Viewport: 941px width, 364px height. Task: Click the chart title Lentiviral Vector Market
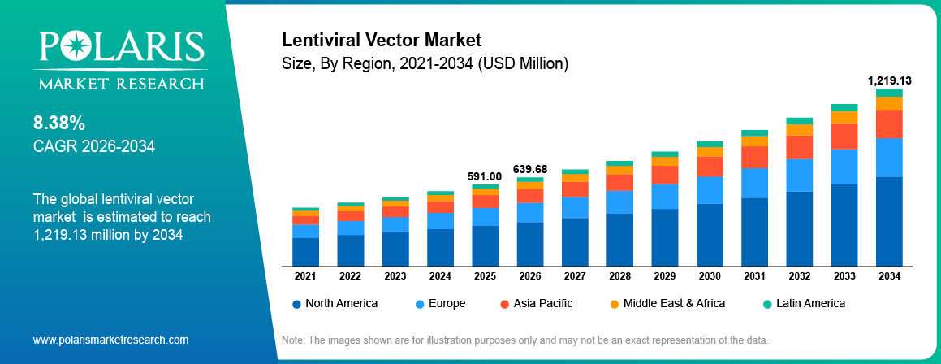[x=382, y=40]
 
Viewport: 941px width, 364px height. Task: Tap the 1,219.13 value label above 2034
[x=889, y=80]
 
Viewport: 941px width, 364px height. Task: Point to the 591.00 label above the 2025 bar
[x=485, y=175]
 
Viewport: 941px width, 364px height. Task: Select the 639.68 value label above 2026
[x=530, y=169]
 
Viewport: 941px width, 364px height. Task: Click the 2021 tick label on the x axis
[x=305, y=276]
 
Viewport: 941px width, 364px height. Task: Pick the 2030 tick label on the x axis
[x=710, y=276]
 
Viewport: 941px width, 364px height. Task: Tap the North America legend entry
[x=335, y=303]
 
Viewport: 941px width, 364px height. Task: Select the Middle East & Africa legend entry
[x=667, y=303]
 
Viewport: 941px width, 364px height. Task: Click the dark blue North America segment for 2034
[x=889, y=221]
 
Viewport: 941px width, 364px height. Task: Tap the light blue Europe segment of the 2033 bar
[x=844, y=167]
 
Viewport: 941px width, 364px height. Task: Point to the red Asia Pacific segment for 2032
[x=799, y=147]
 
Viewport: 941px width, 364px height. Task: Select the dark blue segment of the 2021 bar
[x=305, y=251]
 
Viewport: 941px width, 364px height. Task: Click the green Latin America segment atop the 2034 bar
[x=889, y=93]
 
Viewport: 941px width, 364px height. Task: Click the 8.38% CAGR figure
[x=59, y=123]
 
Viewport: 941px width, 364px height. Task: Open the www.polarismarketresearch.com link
[x=110, y=340]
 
